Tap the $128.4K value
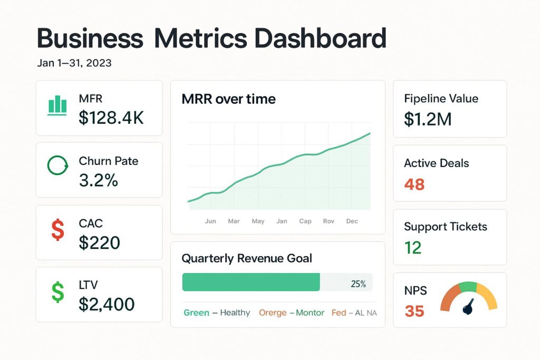111,118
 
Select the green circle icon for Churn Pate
57,166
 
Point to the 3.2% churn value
98,180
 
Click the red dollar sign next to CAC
57,230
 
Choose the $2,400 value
107,304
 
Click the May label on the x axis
258,221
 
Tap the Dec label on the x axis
352,221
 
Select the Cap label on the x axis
305,221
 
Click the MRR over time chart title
228,99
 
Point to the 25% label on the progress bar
358,284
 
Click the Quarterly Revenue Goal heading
247,258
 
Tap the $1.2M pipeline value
428,120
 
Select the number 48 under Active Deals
414,184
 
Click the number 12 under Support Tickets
413,248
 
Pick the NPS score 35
414,311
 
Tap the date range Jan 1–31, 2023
74,63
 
